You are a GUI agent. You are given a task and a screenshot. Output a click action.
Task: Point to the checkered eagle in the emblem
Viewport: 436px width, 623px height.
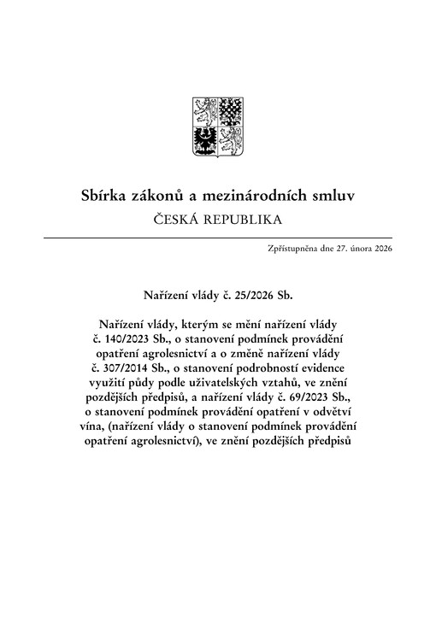click(229, 113)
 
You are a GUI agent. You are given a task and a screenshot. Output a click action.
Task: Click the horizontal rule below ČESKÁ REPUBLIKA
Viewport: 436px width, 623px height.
click(217, 237)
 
